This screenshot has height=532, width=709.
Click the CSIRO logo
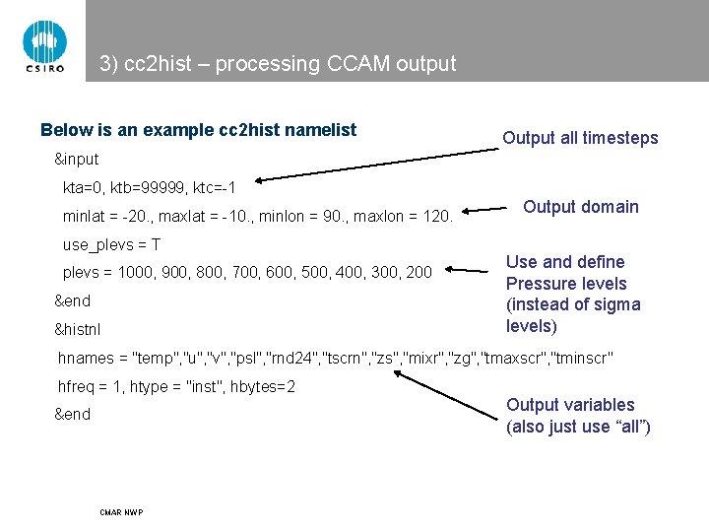[43, 44]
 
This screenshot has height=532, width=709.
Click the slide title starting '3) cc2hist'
[278, 65]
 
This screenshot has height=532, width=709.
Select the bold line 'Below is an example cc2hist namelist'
[198, 130]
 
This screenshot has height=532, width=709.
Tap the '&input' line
[76, 160]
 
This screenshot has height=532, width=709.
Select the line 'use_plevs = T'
[111, 244]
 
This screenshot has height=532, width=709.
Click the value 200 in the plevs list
[418, 272]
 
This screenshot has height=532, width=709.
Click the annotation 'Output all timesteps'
[580, 138]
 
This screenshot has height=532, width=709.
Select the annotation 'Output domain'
[581, 207]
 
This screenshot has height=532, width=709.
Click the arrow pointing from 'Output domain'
[488, 210]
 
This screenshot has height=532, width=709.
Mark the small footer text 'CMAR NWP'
[121, 512]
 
